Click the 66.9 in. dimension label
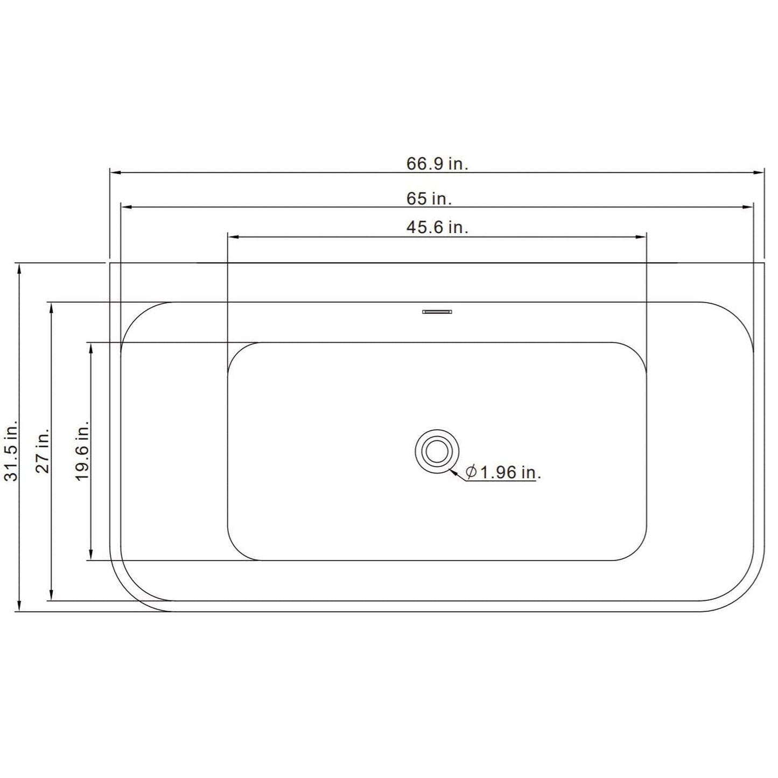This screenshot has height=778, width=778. [437, 164]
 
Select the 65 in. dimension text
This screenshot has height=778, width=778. [429, 199]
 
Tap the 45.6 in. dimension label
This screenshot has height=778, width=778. [437, 228]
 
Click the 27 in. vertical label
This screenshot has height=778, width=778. [43, 450]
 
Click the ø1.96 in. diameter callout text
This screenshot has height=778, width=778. [503, 472]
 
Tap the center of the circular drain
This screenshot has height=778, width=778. [437, 451]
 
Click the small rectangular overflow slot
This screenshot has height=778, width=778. [437, 312]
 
